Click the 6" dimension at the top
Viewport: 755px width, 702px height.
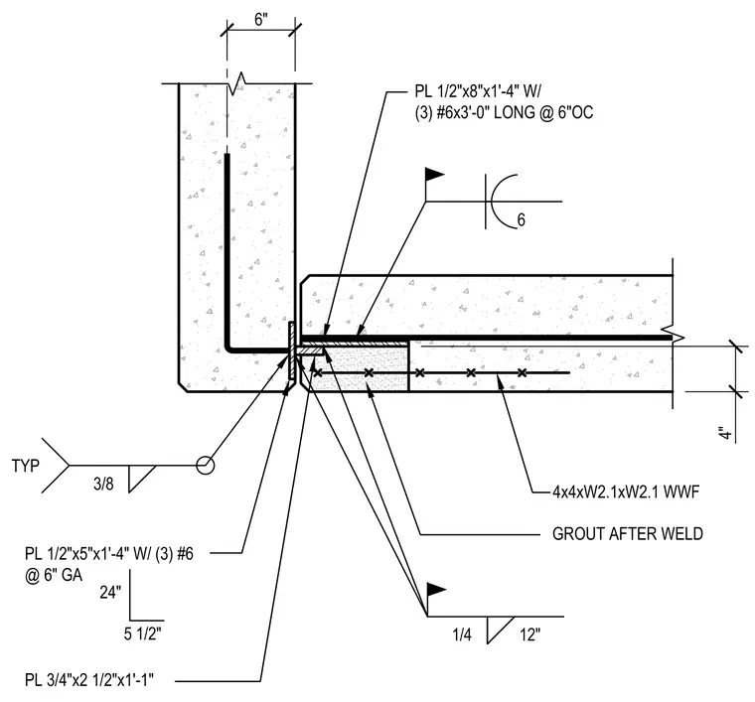pyautogui.click(x=260, y=20)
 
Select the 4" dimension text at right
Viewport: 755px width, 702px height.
pyautogui.click(x=725, y=433)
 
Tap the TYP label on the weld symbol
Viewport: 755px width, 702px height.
pyautogui.click(x=26, y=466)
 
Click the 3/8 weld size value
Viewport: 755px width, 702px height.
pyautogui.click(x=103, y=484)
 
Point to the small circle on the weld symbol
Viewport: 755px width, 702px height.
pyautogui.click(x=205, y=466)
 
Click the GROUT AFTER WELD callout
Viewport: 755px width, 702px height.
pyautogui.click(x=628, y=533)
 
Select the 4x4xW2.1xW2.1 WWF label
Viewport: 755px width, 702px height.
pyautogui.click(x=626, y=491)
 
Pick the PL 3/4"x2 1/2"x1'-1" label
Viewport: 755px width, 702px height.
pyautogui.click(x=89, y=680)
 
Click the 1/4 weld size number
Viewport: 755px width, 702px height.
pyautogui.click(x=462, y=635)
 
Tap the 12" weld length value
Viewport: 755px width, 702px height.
pyautogui.click(x=529, y=635)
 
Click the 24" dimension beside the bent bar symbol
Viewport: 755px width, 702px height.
pyautogui.click(x=110, y=592)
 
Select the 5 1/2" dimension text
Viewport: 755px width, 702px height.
pyautogui.click(x=142, y=633)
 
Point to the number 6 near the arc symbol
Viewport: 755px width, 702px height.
pyautogui.click(x=521, y=219)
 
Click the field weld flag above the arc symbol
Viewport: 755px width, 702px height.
pyautogui.click(x=434, y=174)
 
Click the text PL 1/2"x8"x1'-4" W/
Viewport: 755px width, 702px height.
pyautogui.click(x=481, y=91)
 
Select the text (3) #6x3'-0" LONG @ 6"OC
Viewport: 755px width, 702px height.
pyautogui.click(x=504, y=112)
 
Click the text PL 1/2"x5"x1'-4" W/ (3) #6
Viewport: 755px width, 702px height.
pyautogui.click(x=109, y=554)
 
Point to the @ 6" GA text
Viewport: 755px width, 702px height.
pyautogui.click(x=54, y=575)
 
